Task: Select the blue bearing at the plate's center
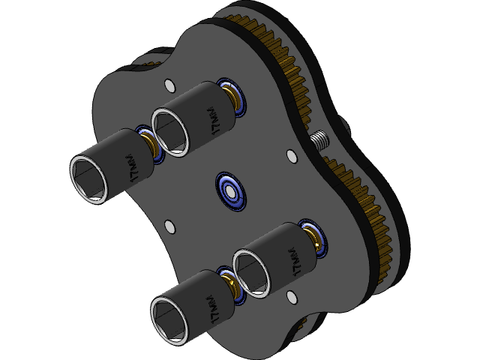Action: (x=230, y=193)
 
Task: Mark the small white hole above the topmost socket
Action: (x=167, y=83)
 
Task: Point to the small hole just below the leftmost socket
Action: (x=169, y=224)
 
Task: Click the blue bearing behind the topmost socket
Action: (x=234, y=97)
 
